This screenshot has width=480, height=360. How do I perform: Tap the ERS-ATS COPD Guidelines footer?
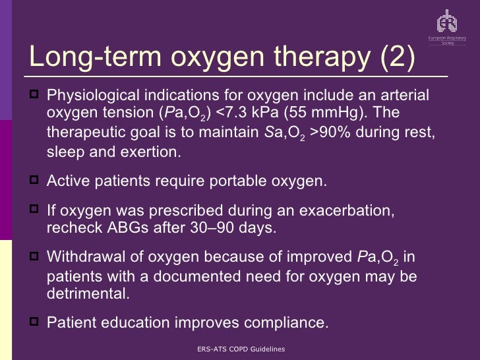(x=240, y=349)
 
